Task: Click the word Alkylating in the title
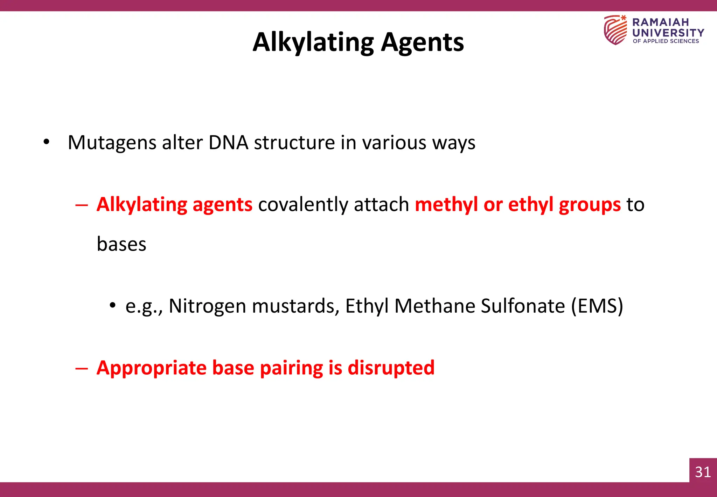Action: pos(313,42)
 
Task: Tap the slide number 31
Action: pos(703,472)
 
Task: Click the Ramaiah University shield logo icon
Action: pos(615,30)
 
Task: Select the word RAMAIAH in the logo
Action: pos(660,22)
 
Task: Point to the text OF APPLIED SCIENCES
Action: pos(666,41)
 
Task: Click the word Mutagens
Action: pos(112,143)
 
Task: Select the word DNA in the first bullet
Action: pos(228,142)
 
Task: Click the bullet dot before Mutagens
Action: pos(46,143)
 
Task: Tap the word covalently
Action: pos(303,204)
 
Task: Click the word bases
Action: pos(121,244)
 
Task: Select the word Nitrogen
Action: pos(207,306)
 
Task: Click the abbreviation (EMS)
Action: pos(597,306)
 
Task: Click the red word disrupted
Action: pos(391,368)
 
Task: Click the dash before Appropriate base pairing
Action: pos(81,368)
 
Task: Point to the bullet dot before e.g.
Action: pos(112,305)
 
